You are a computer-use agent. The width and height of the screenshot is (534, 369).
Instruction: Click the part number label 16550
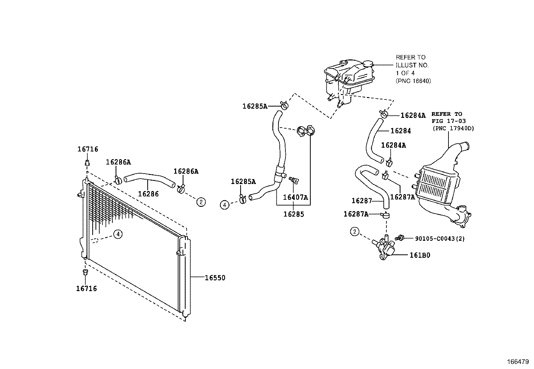tap(215, 278)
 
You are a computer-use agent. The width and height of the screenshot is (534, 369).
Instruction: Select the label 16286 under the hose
tap(148, 194)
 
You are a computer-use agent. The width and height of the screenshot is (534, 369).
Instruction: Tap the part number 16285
tap(293, 214)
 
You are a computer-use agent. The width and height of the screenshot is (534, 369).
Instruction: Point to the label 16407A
tap(295, 197)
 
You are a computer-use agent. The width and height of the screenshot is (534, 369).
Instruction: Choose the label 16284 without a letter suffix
tap(400, 131)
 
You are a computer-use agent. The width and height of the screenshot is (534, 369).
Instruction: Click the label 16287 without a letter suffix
tap(362, 201)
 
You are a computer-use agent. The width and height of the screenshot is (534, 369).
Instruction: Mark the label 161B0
tap(420, 255)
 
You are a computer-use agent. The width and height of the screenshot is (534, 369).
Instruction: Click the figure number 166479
tap(518, 362)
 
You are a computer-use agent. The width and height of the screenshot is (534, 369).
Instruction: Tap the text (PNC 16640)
tap(413, 81)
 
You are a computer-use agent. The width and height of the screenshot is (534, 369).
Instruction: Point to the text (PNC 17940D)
tap(453, 128)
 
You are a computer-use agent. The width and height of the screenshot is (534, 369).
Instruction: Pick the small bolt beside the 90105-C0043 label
tap(399, 238)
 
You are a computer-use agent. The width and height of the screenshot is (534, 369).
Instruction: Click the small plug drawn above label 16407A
tap(293, 180)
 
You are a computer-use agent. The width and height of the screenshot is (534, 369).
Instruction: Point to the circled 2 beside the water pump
tap(355, 231)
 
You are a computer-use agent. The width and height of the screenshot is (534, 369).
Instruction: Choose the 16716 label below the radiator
tap(86, 288)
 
